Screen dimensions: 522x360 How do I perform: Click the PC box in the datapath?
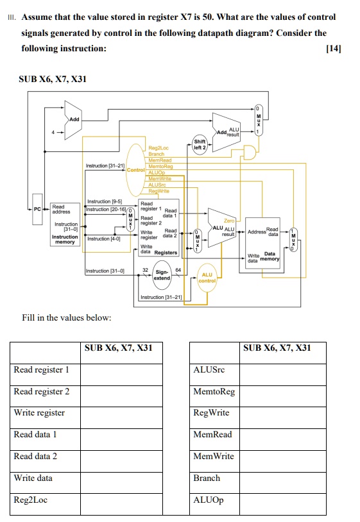pyautogui.click(x=37, y=209)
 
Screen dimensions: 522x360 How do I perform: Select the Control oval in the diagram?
pyautogui.click(x=136, y=169)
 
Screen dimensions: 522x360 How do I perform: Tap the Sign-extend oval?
pyautogui.click(x=162, y=274)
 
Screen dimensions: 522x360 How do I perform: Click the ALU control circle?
pyautogui.click(x=207, y=277)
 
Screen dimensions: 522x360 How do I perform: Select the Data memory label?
pyautogui.click(x=269, y=256)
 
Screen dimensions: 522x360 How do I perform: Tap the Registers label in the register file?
pyautogui.click(x=165, y=252)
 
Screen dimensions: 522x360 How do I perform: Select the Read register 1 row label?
pyautogui.click(x=42, y=369)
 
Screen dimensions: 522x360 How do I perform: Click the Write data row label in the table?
pyautogui.click(x=33, y=478)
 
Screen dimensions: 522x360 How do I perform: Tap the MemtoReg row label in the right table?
pyautogui.click(x=214, y=391)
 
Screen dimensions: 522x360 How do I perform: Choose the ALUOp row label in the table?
pyautogui.click(x=209, y=500)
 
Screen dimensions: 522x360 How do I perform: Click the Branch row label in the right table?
pyautogui.click(x=207, y=478)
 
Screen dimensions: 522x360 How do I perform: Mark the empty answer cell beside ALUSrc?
pyautogui.click(x=282, y=370)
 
